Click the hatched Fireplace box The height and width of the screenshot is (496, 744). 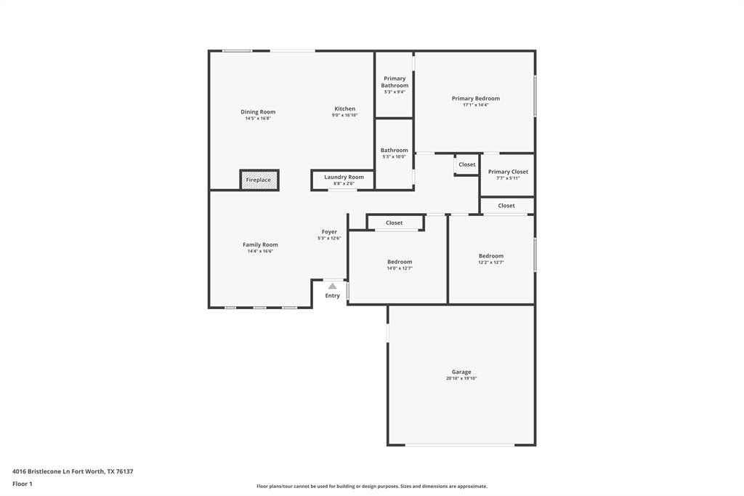259,180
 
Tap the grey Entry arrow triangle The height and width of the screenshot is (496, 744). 332,286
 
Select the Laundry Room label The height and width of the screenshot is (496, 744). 344,177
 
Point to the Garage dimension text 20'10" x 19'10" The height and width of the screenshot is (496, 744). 461,378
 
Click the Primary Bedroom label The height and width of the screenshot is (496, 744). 475,98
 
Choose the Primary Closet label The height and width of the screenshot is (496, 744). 508,172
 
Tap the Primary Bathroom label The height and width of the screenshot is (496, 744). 395,81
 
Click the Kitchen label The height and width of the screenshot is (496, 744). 344,108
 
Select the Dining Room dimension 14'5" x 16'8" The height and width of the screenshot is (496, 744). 258,118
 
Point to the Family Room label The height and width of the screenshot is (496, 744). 260,244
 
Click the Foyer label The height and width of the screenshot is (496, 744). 329,231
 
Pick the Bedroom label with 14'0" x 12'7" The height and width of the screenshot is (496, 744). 400,262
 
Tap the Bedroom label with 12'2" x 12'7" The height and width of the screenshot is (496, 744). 490,256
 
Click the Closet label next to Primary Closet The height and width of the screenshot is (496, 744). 467,164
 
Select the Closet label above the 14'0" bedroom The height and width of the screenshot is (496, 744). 394,223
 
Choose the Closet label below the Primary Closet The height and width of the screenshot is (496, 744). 506,206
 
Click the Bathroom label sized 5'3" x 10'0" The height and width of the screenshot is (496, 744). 395,151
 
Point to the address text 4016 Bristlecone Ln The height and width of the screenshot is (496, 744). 73,471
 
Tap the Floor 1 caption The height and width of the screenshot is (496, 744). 23,484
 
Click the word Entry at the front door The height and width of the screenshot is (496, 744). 332,295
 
